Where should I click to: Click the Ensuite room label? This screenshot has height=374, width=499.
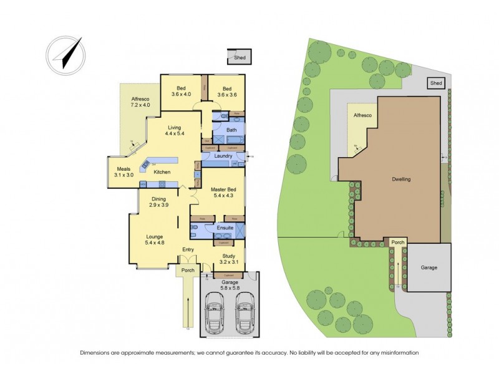pyautogui.click(x=225, y=228)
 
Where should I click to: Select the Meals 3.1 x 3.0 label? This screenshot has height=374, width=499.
pyautogui.click(x=125, y=172)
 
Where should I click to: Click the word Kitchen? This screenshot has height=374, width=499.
pyautogui.click(x=162, y=172)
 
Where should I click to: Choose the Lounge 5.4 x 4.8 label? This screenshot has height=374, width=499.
pyautogui.click(x=155, y=240)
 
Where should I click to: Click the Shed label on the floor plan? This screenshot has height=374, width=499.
pyautogui.click(x=240, y=58)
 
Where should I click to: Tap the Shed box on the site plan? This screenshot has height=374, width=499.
pyautogui.click(x=436, y=83)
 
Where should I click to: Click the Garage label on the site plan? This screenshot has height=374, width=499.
pyautogui.click(x=429, y=267)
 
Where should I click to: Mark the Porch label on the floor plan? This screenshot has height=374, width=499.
pyautogui.click(x=187, y=271)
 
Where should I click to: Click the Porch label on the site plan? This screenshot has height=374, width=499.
pyautogui.click(x=397, y=242)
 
